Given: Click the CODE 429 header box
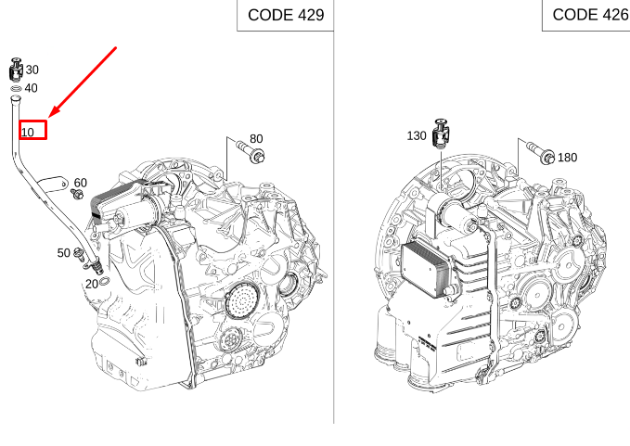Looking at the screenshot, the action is click(x=285, y=15).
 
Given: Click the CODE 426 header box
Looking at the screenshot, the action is click(x=586, y=15).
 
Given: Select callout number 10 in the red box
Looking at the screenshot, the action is click(x=27, y=133).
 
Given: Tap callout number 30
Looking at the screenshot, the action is click(x=32, y=70).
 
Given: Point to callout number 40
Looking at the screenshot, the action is click(x=31, y=88).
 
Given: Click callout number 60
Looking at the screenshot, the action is click(x=81, y=183).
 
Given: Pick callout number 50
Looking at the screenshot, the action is click(x=63, y=253).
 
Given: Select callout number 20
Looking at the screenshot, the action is click(x=92, y=285).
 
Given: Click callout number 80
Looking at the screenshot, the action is click(x=256, y=138).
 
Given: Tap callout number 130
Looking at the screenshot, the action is click(x=417, y=135).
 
